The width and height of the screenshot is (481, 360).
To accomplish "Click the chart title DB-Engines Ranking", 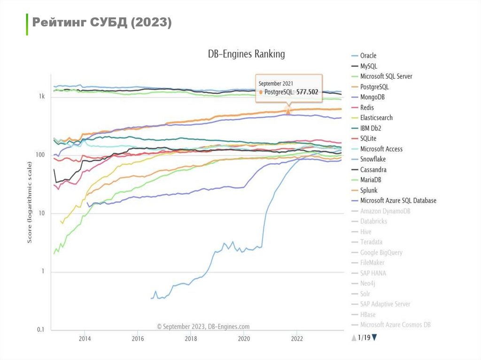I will tap(246, 54).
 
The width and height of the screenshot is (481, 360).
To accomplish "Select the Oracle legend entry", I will tap(368, 55).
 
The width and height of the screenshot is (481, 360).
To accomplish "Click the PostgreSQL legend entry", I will tap(374, 87).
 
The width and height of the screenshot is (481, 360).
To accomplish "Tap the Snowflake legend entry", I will tap(372, 160).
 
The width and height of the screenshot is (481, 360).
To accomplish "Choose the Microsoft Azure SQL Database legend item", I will tap(398, 201).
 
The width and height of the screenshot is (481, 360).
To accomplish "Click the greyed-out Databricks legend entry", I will tap(373, 222).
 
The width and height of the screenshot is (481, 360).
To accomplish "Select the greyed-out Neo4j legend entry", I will tap(368, 283).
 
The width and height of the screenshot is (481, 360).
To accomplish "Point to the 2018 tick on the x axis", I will tap(191, 338).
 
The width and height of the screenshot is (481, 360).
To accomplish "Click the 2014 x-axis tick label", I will tap(85, 338).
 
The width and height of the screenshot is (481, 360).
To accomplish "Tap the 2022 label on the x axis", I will tap(297, 338).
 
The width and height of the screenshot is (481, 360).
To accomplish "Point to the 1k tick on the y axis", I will tap(42, 97).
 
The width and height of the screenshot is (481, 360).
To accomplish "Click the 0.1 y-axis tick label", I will tap(41, 330).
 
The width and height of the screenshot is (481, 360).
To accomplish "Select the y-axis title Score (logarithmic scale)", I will tap(30, 202).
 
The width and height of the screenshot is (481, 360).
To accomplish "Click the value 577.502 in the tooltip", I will tap(307, 92).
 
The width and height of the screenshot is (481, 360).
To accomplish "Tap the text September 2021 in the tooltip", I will tap(276, 84).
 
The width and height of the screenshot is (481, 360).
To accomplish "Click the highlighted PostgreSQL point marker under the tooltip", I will tap(288, 111).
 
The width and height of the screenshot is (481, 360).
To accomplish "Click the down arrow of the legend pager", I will tap(374, 337).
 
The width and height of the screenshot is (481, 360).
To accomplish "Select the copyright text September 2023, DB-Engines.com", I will tap(203, 326).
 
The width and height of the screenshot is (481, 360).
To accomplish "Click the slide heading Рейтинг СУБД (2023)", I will tap(101, 23).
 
